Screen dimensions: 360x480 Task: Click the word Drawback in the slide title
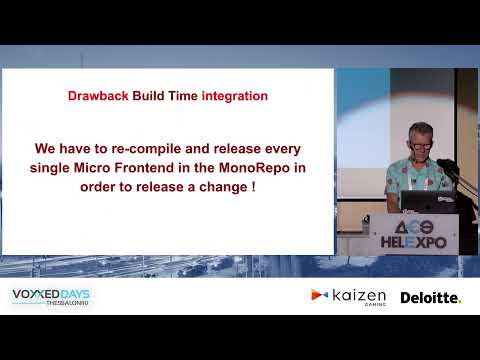[98, 97]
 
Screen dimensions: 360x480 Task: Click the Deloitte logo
[430, 298]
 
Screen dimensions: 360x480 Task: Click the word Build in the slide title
[148, 97]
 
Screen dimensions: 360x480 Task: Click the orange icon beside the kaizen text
[319, 295]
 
